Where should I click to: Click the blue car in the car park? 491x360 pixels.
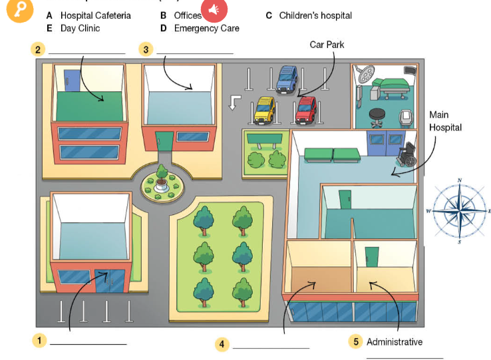point(287,79)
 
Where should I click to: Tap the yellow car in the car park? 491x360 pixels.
point(264,110)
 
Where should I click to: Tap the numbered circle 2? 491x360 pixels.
point(39,49)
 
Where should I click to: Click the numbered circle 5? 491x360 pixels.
point(357,341)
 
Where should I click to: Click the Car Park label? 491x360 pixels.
point(327,45)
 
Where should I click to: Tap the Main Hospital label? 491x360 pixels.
point(445,121)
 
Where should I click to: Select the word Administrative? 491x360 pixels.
point(395,341)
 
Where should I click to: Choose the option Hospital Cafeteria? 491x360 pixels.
point(95,15)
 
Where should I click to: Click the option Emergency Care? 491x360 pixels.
point(206,29)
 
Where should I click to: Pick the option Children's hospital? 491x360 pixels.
point(315,15)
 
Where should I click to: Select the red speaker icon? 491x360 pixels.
point(215,11)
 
